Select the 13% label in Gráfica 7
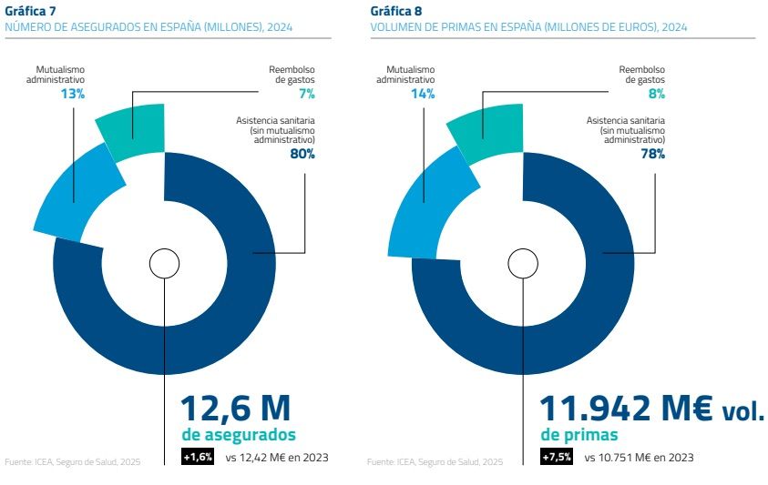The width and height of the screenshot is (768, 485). (x=73, y=95)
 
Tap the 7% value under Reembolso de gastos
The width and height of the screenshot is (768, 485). (x=305, y=95)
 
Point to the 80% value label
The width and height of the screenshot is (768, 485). (x=302, y=154)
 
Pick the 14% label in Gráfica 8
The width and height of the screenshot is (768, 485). (x=424, y=95)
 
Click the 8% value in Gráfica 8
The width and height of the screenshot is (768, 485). (x=655, y=95)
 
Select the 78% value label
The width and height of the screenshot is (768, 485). (x=652, y=154)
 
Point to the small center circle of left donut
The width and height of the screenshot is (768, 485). (x=164, y=264)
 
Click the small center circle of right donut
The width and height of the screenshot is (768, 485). (x=523, y=264)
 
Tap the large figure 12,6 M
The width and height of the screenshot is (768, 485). (x=236, y=407)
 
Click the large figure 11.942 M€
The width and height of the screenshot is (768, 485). (x=627, y=407)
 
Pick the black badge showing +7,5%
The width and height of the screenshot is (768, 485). (x=557, y=457)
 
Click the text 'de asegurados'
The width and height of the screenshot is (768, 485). (x=239, y=435)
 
